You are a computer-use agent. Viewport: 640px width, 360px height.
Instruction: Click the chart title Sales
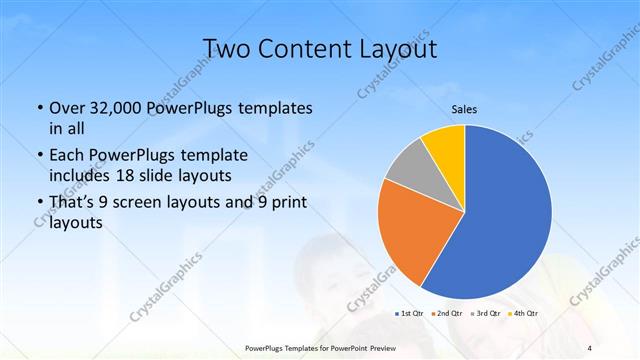click(x=464, y=109)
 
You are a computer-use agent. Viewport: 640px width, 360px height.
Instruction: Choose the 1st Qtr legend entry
click(x=410, y=314)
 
